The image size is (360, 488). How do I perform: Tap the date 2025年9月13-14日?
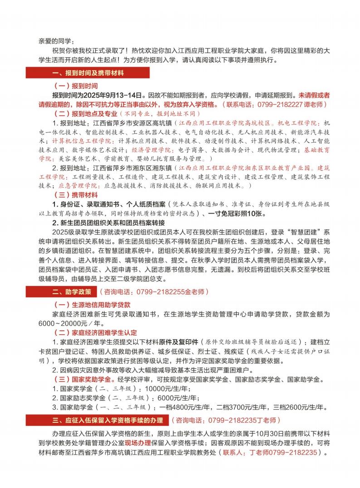coord(113,96)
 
